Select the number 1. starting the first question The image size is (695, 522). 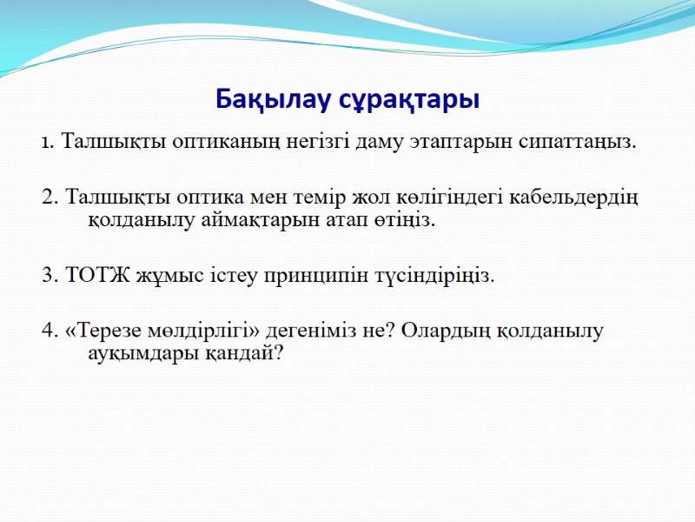point(49,143)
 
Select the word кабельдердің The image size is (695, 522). point(573,197)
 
